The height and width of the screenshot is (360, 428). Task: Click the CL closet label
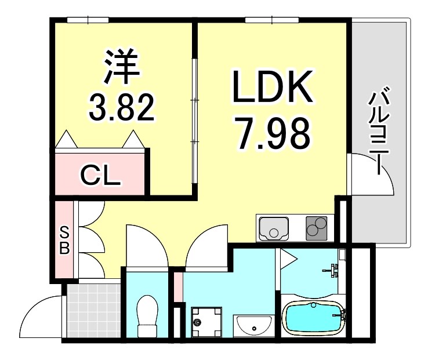tap(100, 174)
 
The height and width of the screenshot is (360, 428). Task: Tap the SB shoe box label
tap(64, 239)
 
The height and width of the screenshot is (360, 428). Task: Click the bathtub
tap(314, 318)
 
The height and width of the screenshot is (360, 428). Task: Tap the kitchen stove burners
tap(317, 226)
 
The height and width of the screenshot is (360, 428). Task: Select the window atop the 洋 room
tap(88, 20)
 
